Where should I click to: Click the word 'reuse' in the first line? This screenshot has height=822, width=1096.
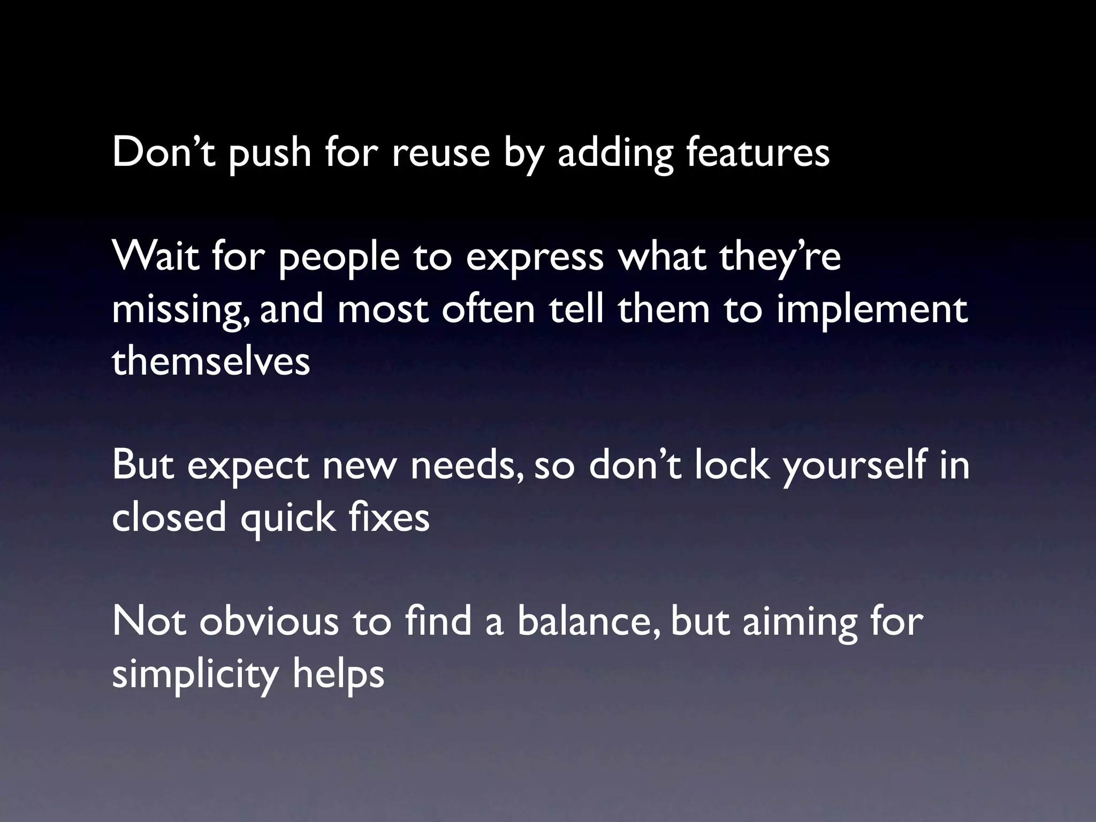[x=440, y=153]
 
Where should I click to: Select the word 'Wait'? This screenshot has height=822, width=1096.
[x=155, y=256]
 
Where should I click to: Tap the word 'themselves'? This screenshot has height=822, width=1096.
[x=211, y=361]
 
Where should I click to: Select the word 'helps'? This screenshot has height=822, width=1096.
[x=338, y=674]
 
